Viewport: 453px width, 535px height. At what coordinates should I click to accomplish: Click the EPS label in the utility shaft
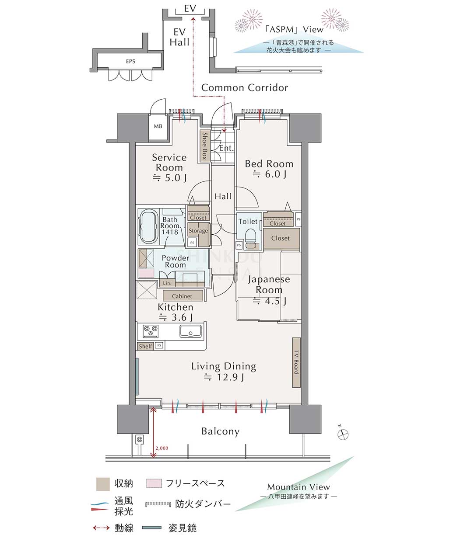(130, 61)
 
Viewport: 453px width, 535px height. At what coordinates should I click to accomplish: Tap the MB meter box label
(158, 126)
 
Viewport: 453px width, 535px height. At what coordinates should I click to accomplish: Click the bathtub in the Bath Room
(149, 227)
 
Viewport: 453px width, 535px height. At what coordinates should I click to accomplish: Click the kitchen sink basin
(190, 332)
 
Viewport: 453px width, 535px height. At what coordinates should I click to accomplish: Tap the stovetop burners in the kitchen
(151, 331)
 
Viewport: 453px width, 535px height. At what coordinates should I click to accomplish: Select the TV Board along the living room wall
(296, 362)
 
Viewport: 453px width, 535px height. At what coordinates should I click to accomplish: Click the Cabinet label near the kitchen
(182, 296)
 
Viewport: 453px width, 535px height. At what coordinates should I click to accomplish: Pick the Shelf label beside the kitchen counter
(145, 346)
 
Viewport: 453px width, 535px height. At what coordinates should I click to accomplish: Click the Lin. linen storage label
(167, 283)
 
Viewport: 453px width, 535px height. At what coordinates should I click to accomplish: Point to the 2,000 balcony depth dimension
(162, 448)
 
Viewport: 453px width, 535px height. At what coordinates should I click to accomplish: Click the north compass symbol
(343, 434)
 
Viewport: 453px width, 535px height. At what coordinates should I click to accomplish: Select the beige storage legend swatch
(103, 484)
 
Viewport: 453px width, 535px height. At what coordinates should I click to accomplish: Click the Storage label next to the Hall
(198, 231)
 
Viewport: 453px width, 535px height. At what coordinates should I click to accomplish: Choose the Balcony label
(220, 431)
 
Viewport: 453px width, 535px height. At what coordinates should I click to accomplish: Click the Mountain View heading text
(298, 487)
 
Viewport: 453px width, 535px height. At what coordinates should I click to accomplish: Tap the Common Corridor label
(245, 88)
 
